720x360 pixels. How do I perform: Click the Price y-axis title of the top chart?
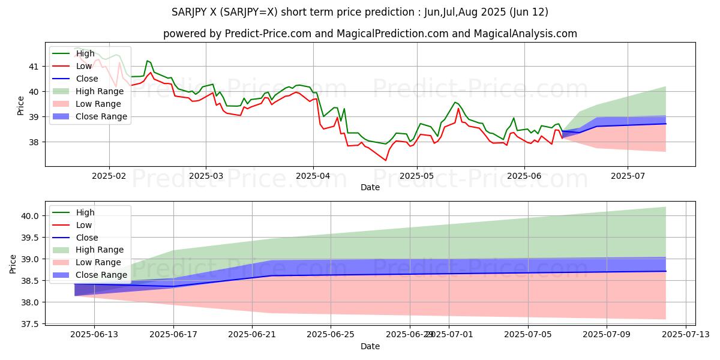pos(21,106)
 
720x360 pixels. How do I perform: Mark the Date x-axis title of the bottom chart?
pos(370,346)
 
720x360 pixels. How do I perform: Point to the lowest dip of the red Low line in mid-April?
pos(385,160)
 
